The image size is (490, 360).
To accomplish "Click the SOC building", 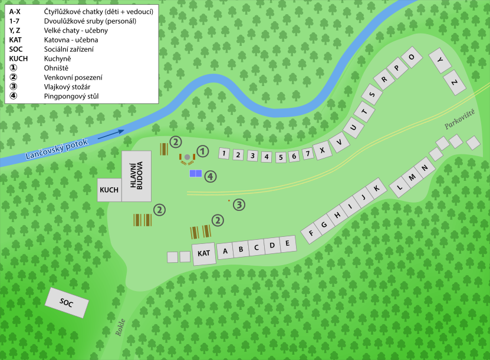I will pyautogui.click(x=67, y=303).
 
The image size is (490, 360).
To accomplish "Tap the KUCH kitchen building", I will pyautogui.click(x=110, y=190).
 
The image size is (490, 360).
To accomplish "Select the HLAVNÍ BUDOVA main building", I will pyautogui.click(x=136, y=176).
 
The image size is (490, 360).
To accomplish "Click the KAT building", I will pyautogui.click(x=204, y=253).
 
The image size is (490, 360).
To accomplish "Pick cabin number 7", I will pyautogui.click(x=308, y=154).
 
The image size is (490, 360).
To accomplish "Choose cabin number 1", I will pyautogui.click(x=223, y=154).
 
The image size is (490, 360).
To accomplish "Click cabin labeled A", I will pyautogui.click(x=225, y=251).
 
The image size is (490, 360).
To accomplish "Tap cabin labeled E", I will pyautogui.click(x=287, y=243).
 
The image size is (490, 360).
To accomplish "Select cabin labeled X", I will pyautogui.click(x=322, y=150).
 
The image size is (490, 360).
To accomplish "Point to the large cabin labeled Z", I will pyautogui.click(x=453, y=82).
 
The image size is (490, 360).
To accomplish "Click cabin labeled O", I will pyautogui.click(x=411, y=60).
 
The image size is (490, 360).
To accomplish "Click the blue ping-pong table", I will pyautogui.click(x=196, y=174).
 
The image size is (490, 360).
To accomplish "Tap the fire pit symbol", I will pyautogui.click(x=188, y=157).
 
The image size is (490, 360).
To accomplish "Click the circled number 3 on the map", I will pyautogui.click(x=239, y=205).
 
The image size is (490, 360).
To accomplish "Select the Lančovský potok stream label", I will pyautogui.click(x=57, y=150).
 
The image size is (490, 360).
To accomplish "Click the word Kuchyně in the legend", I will pyautogui.click(x=58, y=59).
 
